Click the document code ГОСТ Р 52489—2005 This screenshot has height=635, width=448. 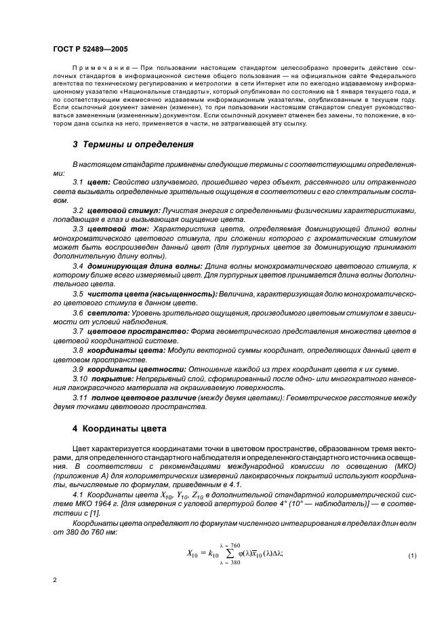tap(89, 50)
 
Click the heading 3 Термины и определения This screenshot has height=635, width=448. tap(133, 145)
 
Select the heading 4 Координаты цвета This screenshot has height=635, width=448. tap(122, 429)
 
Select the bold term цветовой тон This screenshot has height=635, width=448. tap(113, 230)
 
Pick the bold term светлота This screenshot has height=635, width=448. tap(102, 312)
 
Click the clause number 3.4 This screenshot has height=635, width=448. tap(79, 265)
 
